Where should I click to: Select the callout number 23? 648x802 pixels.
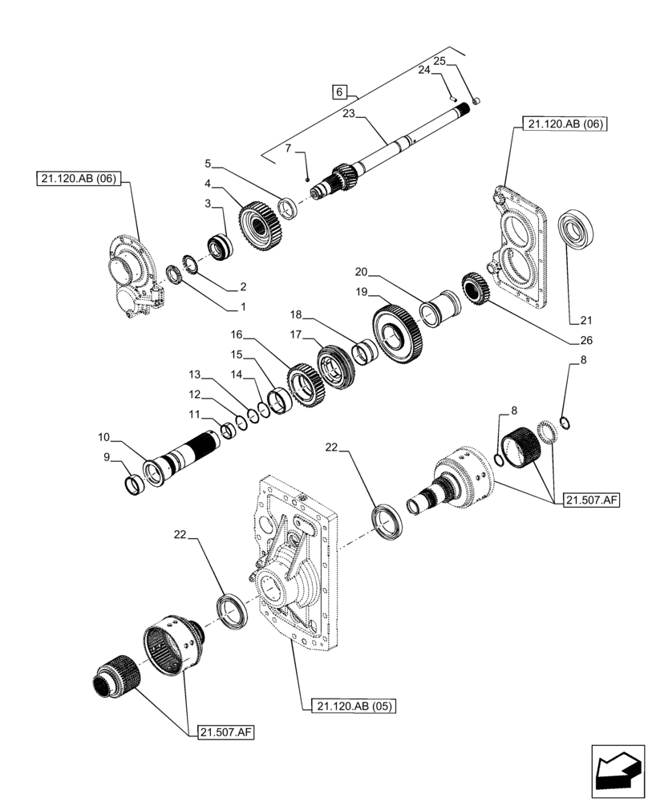348,114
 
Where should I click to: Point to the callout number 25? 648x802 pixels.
439,61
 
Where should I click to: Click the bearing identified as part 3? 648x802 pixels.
219,245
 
